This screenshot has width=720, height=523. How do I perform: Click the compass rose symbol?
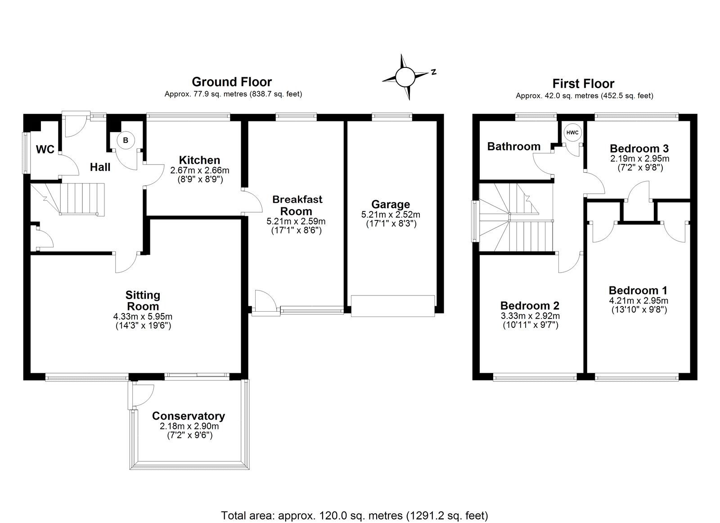(405, 77)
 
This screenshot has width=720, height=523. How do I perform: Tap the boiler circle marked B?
(126, 140)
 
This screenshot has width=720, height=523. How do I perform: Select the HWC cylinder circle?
(572, 133)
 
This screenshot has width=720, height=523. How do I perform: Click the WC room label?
(45, 149)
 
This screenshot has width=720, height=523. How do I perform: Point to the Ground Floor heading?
(232, 82)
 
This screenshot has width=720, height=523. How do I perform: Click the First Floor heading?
(583, 84)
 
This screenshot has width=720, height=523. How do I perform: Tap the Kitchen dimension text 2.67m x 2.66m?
(200, 170)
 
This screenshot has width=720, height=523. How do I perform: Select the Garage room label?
(391, 205)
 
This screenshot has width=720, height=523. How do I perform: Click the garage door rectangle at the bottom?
(392, 306)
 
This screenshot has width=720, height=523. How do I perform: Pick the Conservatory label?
(188, 416)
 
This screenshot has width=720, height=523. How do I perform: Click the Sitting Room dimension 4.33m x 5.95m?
(143, 316)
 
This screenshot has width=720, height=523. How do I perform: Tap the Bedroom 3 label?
(639, 148)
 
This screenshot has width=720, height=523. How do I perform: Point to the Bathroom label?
(513, 146)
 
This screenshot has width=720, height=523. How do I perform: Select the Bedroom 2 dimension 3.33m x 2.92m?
(530, 316)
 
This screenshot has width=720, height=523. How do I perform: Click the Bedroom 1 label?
(638, 291)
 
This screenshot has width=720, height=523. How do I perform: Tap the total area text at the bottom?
(354, 515)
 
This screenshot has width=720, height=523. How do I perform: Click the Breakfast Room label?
(297, 205)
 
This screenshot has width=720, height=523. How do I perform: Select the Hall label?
(100, 167)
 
